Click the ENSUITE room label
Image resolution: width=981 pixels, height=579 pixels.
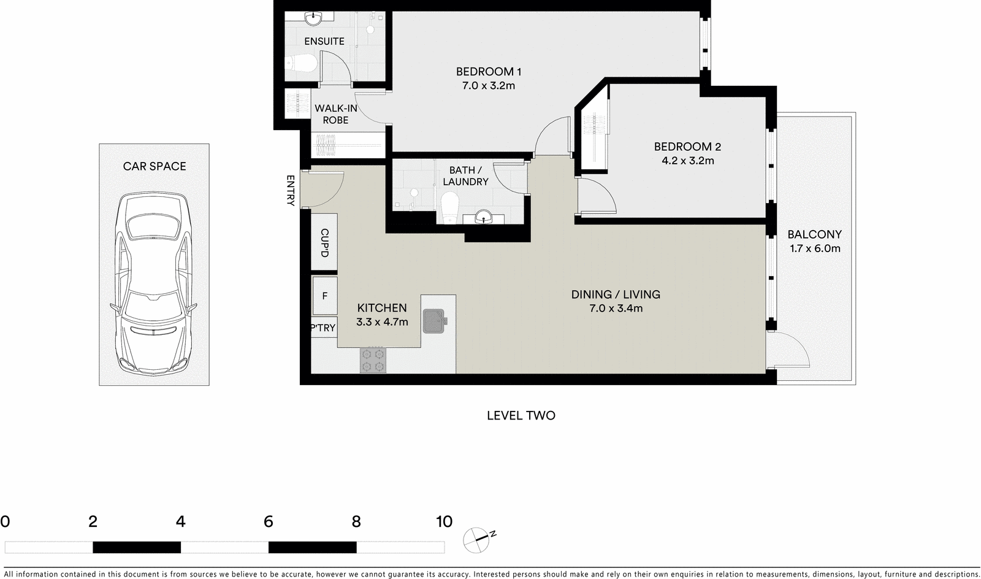tap(324, 41)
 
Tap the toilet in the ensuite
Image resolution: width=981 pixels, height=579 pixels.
tap(301, 63)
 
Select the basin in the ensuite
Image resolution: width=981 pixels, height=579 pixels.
tap(313, 18)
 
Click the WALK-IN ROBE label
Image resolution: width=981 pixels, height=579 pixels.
tap(335, 114)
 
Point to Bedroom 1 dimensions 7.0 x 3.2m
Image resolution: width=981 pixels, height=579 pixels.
tap(488, 86)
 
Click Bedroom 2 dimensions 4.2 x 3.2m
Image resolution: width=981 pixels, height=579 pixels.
tap(687, 161)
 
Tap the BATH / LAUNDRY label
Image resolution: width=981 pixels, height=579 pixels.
tap(465, 176)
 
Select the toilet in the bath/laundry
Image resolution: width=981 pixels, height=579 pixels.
tap(450, 206)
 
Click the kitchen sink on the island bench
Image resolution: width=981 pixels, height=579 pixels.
tap(435, 320)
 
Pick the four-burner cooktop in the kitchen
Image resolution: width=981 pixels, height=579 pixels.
tap(373, 360)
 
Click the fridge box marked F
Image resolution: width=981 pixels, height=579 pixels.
tap(324, 296)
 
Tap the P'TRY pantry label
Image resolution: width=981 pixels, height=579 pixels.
tap(323, 328)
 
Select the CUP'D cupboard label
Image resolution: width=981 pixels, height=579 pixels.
tap(324, 243)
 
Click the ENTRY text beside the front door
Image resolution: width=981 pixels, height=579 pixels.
tap(291, 190)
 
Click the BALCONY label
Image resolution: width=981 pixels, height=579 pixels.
tap(814, 234)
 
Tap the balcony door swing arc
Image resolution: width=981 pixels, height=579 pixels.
tap(794, 350)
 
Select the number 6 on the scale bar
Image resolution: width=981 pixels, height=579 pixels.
tap(268, 522)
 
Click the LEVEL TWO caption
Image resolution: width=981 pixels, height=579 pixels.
tap(521, 415)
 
